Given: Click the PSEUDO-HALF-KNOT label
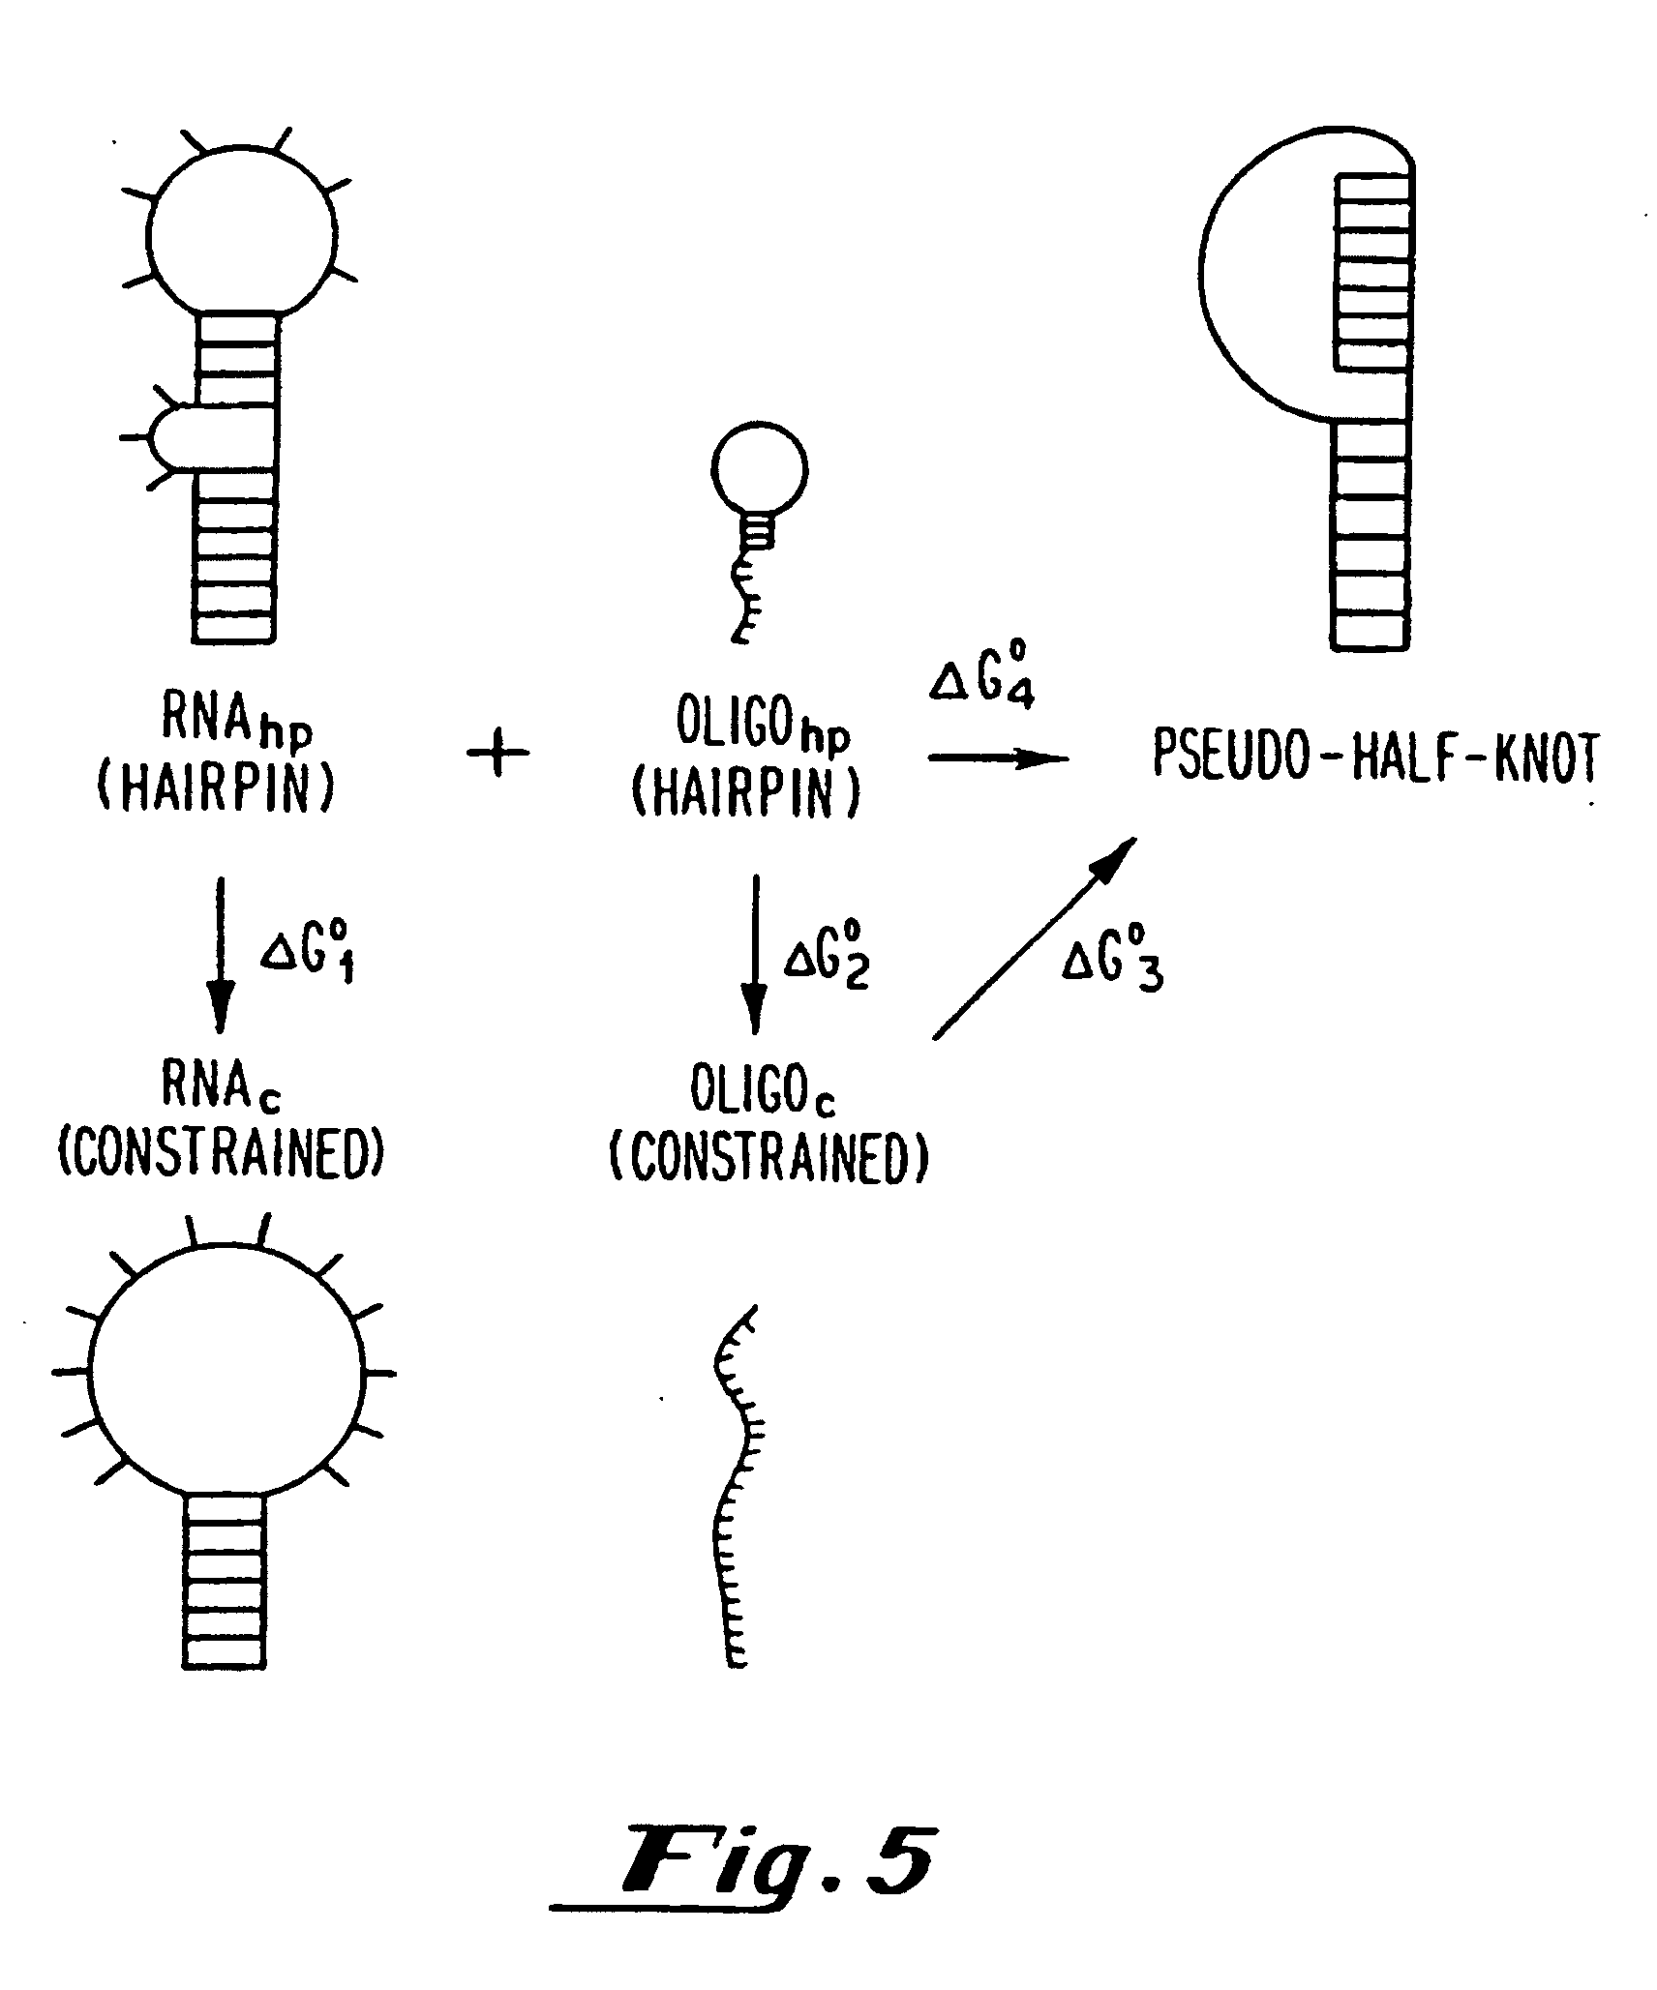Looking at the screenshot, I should click(1374, 757).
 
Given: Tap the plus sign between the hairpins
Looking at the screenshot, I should click(498, 755).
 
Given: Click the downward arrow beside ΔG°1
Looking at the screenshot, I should click(220, 954).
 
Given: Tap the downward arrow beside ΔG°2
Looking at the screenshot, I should click(754, 954).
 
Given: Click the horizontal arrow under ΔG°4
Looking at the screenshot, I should click(997, 758).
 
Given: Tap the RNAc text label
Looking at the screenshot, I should click(221, 1092).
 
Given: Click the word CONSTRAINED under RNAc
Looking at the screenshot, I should click(222, 1152).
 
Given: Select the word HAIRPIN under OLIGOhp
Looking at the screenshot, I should click(745, 795).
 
